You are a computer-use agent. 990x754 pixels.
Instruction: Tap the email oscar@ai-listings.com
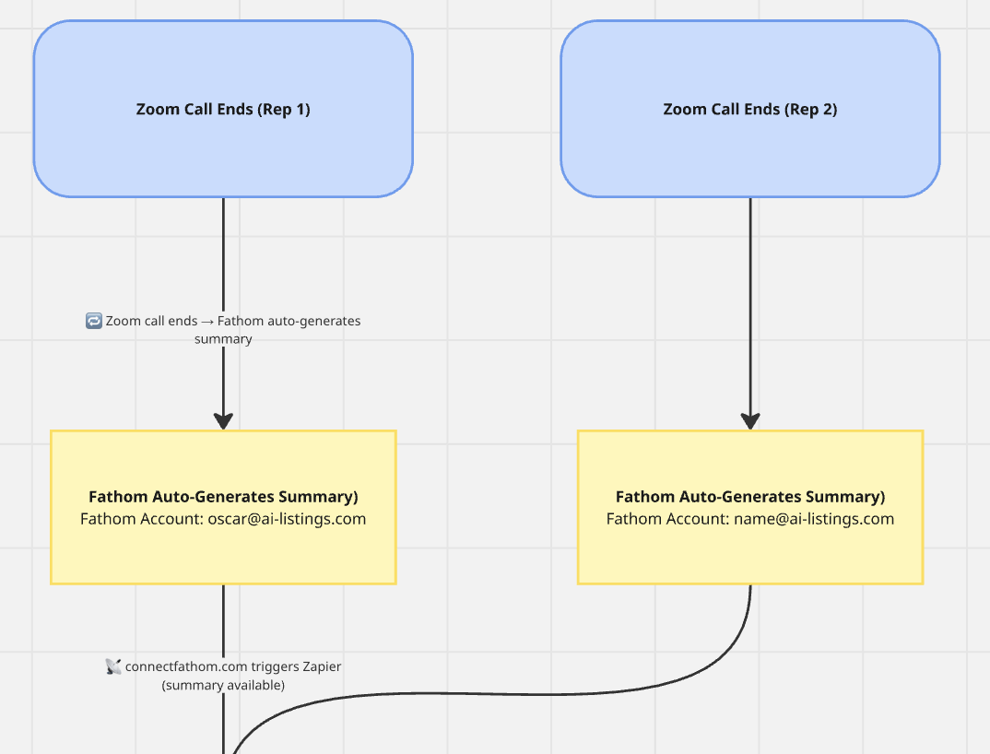287,519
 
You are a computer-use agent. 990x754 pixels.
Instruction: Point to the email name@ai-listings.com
814,519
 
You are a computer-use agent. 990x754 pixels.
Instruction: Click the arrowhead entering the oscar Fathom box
223,420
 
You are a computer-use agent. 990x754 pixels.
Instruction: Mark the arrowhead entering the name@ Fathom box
750,420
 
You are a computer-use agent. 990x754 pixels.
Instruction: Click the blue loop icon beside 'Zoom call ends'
93,321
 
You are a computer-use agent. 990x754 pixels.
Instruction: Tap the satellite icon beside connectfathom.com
113,666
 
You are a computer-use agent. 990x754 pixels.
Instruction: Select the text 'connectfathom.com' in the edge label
186,666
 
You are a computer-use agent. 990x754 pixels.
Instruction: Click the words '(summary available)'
223,685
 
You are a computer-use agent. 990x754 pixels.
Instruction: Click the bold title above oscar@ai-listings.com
223,497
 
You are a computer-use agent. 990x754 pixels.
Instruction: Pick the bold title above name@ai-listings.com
750,497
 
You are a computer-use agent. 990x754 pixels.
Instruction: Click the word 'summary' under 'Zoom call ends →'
223,339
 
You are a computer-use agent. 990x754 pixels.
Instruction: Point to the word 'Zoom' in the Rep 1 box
156,109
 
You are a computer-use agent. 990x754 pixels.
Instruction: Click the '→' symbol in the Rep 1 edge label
207,322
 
